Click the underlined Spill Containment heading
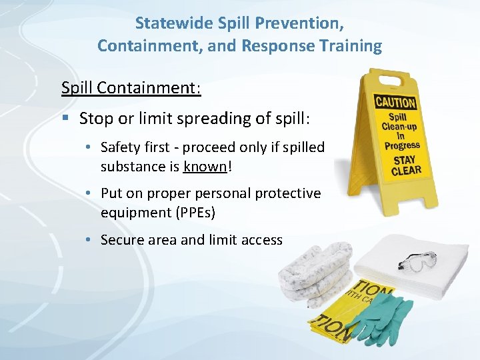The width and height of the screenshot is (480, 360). point(131,88)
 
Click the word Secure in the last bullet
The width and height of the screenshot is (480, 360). point(121,240)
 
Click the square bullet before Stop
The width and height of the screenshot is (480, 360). point(65,119)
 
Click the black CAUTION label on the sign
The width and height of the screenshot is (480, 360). point(395,103)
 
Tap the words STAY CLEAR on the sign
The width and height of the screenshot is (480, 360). point(406,165)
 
